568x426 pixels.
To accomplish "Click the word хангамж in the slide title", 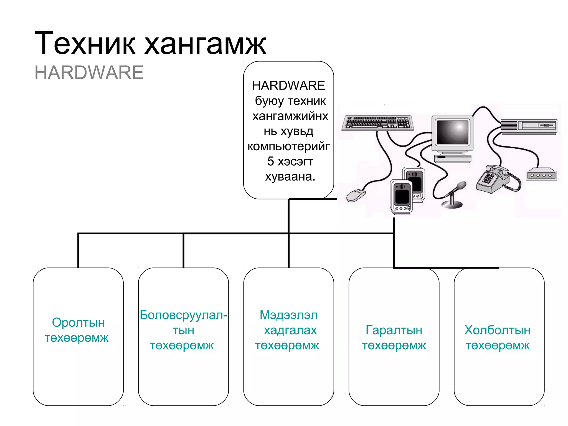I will click(205, 44).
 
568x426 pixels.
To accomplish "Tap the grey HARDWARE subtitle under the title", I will click(89, 73).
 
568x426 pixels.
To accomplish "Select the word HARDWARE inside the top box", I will click(288, 85).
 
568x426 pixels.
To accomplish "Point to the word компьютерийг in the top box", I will click(288, 146).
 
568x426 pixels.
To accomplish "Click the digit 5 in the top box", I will click(270, 161).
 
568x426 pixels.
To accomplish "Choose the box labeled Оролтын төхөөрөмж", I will click(78, 336).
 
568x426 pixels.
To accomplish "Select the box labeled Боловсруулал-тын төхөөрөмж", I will click(183, 336).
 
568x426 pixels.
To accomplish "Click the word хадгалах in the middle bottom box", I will click(290, 330).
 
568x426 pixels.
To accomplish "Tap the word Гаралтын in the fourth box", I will click(394, 330).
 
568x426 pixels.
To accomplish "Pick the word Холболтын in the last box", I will click(497, 330).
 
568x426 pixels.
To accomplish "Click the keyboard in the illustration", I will click(377, 123).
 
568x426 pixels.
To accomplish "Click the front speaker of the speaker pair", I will click(401, 197).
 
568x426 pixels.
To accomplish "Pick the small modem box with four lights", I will click(541, 175).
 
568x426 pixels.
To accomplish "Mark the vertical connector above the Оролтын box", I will click(78, 250).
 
